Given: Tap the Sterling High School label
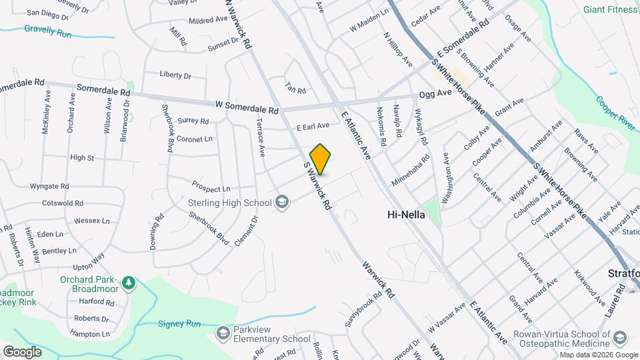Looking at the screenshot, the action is coord(226,201).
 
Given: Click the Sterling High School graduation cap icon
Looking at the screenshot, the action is coord(282,201).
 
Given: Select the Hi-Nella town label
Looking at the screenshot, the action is coord(406,215).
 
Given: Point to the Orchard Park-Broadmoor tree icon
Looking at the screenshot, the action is coord(129,283).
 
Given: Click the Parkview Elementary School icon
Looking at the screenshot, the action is coord(223,332).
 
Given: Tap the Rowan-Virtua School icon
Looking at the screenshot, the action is coord(620,338).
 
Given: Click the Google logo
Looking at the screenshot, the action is coord(22,351).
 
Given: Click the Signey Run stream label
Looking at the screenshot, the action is coord(179,324).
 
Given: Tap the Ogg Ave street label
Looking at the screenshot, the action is coord(435,93).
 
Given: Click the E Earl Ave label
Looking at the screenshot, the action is coord(313,125).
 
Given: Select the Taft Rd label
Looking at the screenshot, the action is coord(295,88).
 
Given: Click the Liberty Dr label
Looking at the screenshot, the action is coord(175,75).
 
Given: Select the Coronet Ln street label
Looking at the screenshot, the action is coord(195,139).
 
